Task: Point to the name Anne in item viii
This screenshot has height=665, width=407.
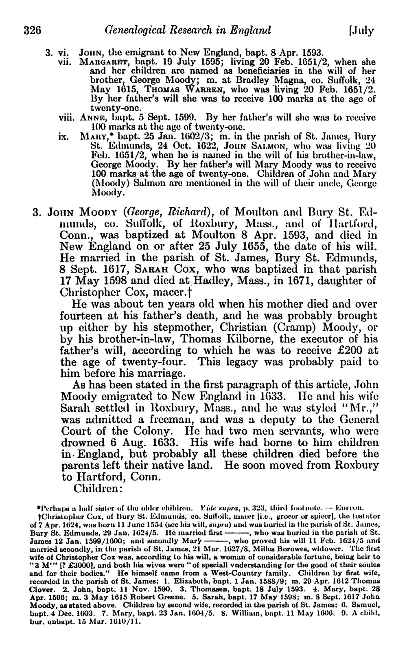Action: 90,117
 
